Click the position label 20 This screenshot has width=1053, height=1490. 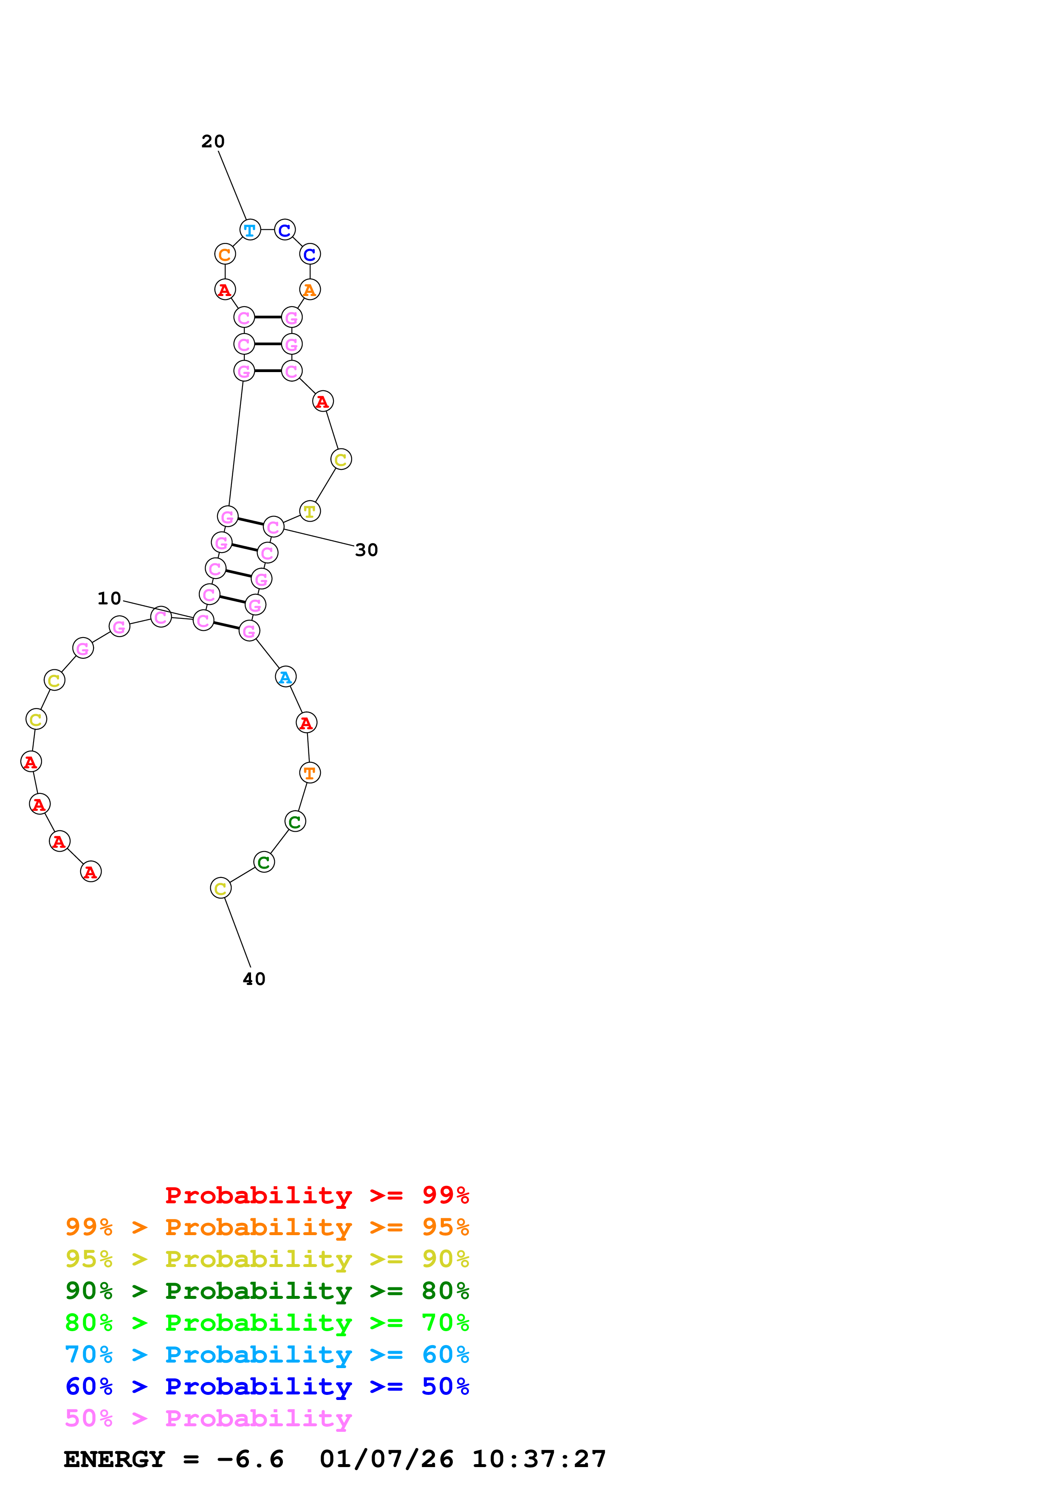click(x=213, y=141)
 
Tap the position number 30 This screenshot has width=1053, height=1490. click(x=367, y=550)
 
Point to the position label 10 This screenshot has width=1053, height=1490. click(x=109, y=598)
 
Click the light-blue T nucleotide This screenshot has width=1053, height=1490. click(x=250, y=230)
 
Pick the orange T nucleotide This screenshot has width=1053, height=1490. click(x=310, y=773)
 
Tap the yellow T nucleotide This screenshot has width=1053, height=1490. click(x=310, y=511)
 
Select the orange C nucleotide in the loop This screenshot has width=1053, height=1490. click(x=224, y=254)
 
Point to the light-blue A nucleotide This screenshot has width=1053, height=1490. click(x=285, y=677)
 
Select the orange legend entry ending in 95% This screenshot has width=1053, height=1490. click(x=267, y=1227)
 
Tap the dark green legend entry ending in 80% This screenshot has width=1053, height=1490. click(x=267, y=1291)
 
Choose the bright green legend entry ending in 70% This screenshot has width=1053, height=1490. click(x=267, y=1323)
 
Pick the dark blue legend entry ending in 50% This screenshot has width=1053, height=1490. click(x=267, y=1386)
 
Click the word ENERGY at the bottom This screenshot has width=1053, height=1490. click(x=114, y=1459)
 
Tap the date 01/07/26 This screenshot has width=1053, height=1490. click(x=386, y=1459)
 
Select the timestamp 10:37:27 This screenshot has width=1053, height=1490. click(x=539, y=1459)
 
